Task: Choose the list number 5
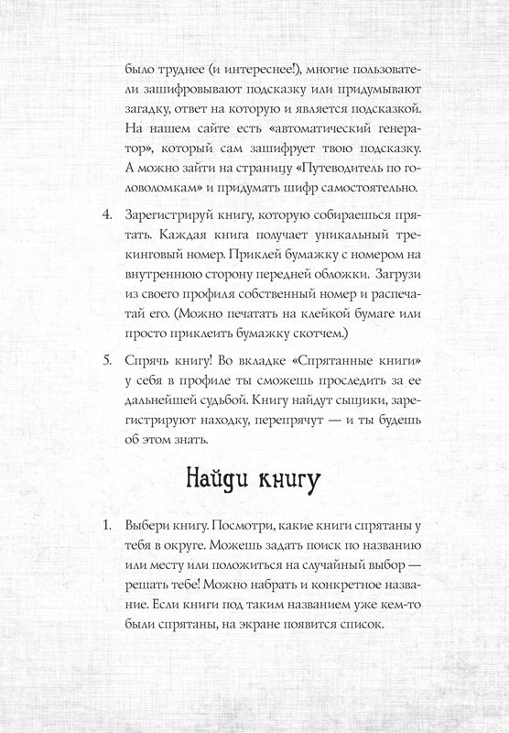coord(105,356)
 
